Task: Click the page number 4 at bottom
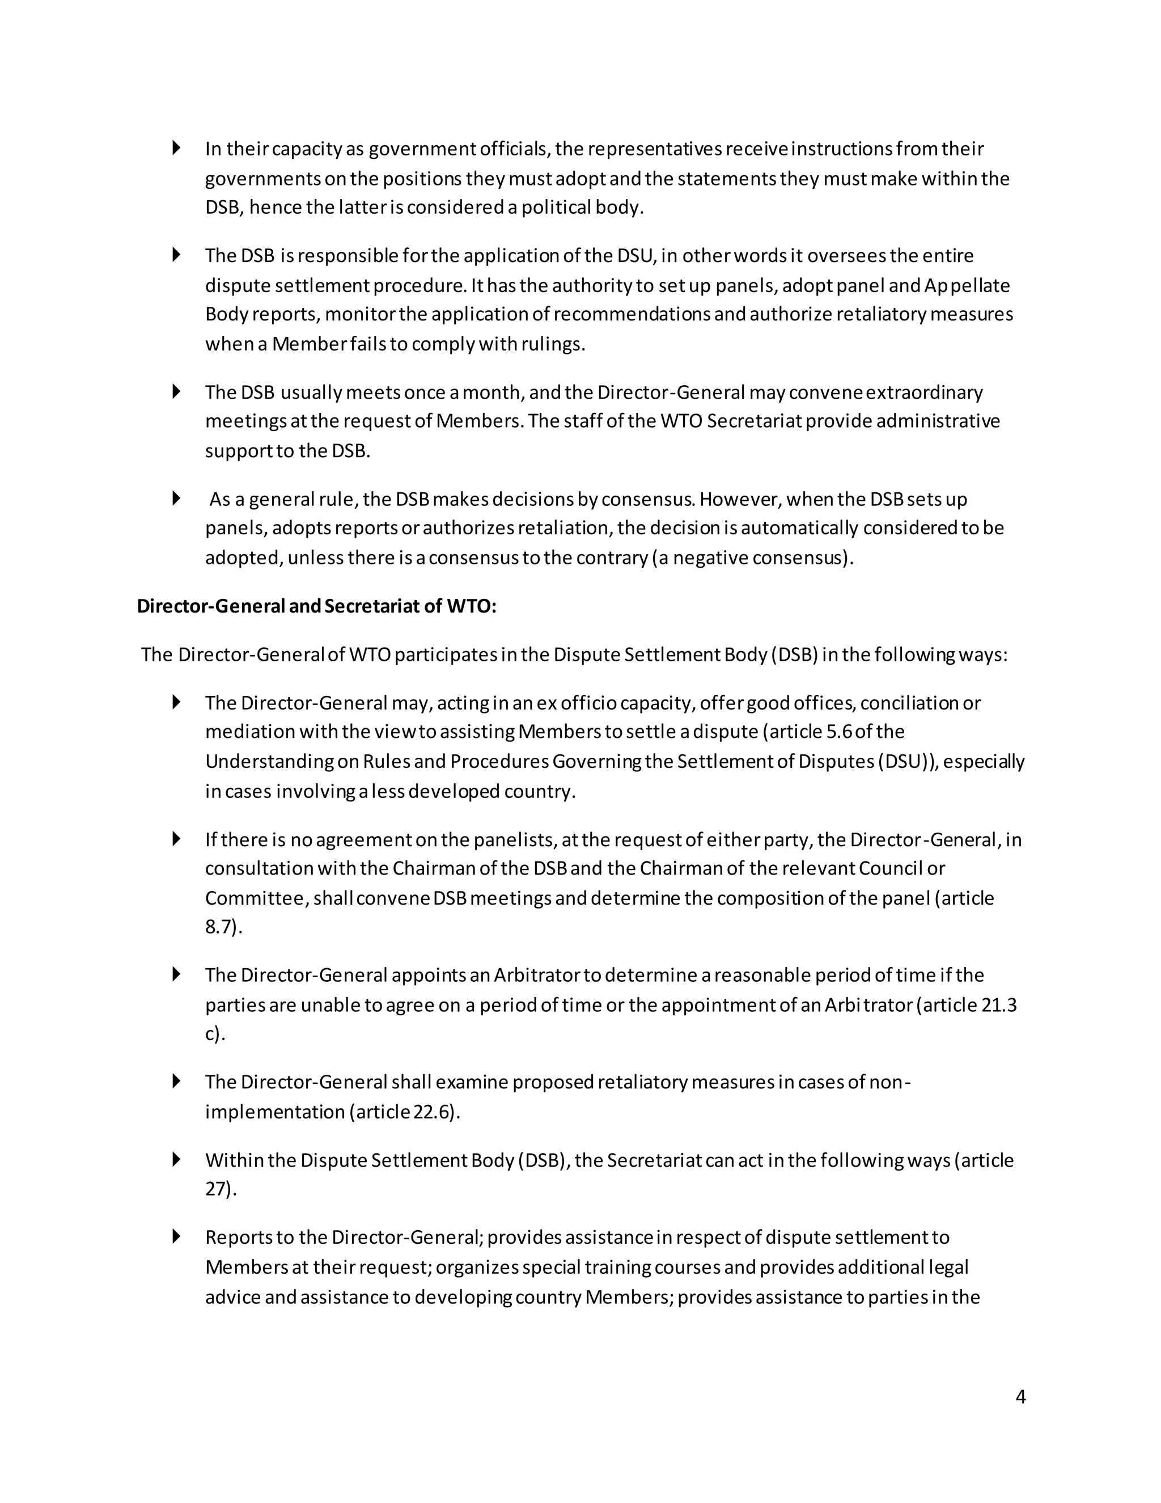point(1020,1396)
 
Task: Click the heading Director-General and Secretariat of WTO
point(316,606)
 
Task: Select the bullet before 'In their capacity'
point(176,148)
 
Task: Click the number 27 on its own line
point(219,1189)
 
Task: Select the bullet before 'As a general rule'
point(176,498)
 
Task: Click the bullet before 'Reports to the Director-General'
point(176,1236)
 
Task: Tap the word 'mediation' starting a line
point(249,732)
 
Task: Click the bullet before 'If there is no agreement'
point(176,839)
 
